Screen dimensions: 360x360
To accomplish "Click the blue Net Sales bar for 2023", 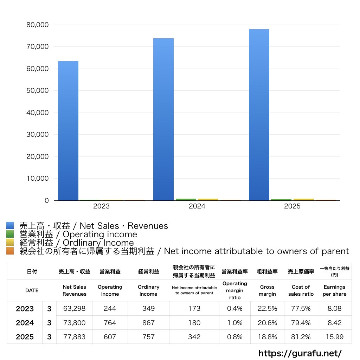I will (x=68, y=131).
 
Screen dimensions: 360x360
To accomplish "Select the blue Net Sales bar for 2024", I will (x=163, y=120).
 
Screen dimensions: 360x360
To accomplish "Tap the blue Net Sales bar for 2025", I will (x=259, y=115).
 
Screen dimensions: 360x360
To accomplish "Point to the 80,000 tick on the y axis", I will (x=37, y=25).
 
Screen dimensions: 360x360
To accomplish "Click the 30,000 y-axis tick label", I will (x=37, y=135).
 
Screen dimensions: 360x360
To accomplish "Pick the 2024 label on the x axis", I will (x=197, y=206).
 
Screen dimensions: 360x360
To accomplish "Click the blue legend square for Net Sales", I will (x=10, y=226).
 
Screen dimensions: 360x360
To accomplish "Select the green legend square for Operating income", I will (x=10, y=234).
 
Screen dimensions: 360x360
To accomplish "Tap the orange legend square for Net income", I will (x=10, y=251).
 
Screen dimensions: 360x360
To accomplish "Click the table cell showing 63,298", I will (x=74, y=309).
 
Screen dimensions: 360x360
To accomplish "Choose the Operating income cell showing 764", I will (x=110, y=323).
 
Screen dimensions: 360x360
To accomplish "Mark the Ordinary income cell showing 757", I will (x=148, y=337).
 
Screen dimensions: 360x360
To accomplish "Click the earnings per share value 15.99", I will (x=334, y=337).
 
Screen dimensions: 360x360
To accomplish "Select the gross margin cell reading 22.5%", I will (x=267, y=309).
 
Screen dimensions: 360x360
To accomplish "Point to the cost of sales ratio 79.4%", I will (x=301, y=323).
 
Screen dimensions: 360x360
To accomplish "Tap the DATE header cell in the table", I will (x=32, y=290).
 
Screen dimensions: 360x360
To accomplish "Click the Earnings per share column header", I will (x=334, y=290).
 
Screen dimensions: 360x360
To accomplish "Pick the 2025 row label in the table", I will (x=25, y=337).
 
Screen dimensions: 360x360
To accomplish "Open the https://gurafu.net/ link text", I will (x=300, y=353).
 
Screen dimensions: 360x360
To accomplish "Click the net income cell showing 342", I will (x=194, y=337).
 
